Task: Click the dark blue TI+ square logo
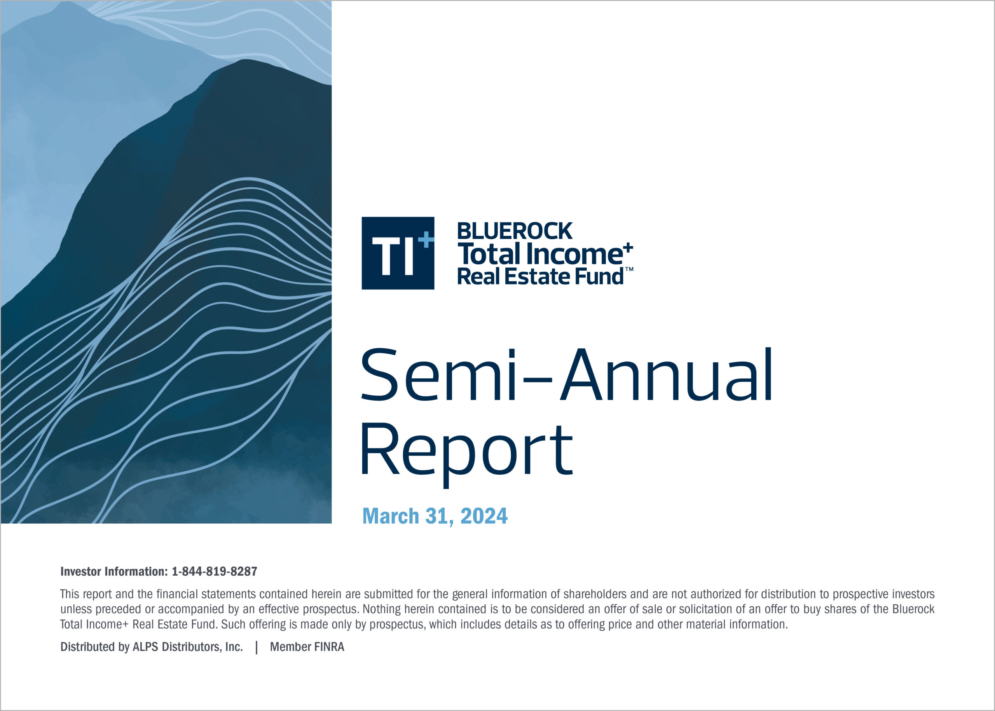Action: [398, 253]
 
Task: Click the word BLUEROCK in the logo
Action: [514, 231]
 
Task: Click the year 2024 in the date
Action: [484, 516]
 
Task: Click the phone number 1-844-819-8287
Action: [215, 571]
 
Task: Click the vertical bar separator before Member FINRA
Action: [257, 647]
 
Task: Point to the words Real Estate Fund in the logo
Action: [540, 277]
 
